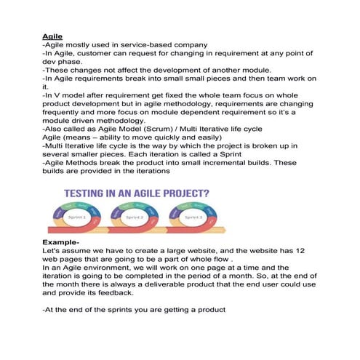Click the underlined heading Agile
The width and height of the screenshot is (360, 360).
click(x=51, y=34)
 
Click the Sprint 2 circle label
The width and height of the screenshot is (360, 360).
click(x=135, y=217)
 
